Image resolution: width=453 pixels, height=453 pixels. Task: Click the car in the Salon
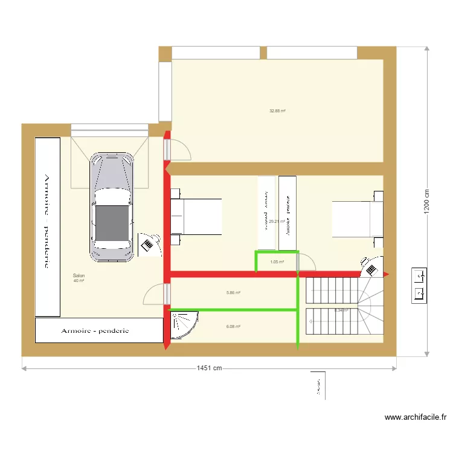click(112, 207)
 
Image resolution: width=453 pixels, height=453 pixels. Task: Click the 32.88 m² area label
click(277, 111)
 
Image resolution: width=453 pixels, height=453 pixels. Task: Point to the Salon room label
click(79, 275)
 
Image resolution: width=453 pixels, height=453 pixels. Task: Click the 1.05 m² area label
click(277, 262)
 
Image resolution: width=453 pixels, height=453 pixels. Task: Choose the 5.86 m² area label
click(234, 293)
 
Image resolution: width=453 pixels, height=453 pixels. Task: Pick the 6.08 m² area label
click(234, 327)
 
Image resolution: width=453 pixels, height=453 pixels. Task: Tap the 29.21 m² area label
click(277, 221)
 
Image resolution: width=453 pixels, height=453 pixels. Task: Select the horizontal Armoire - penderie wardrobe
click(100, 330)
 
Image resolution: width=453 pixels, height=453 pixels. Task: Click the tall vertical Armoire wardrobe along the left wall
click(47, 226)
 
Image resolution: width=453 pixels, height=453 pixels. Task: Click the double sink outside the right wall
click(420, 285)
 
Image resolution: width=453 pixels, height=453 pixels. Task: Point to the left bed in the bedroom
click(196, 216)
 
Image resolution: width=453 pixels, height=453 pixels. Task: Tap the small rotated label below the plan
click(317, 385)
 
